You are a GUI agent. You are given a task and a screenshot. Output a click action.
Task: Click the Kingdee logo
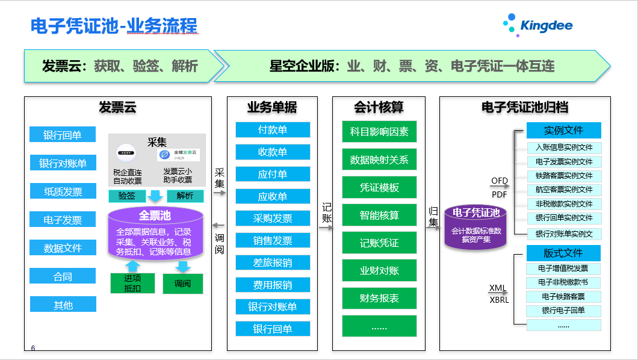537,26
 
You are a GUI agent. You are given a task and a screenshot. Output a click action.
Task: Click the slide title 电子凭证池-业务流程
114,26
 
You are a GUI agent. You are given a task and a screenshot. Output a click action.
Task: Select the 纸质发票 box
63,191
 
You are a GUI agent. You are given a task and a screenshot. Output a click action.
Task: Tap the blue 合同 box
63,276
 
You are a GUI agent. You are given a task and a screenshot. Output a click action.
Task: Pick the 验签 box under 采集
126,196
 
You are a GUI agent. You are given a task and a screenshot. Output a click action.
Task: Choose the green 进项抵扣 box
132,283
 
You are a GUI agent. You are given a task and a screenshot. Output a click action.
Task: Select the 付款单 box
273,130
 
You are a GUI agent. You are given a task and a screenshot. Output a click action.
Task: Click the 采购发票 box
273,219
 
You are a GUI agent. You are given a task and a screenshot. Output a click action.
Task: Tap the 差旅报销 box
273,262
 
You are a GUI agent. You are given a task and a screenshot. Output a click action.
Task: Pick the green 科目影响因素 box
379,132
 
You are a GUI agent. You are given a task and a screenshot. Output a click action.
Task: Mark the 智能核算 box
379,215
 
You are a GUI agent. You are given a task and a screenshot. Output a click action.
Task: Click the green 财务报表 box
379,298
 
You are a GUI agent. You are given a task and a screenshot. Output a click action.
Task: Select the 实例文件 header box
563,130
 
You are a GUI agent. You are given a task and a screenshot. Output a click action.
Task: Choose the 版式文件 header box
563,252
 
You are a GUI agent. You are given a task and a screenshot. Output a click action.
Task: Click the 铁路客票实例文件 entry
563,176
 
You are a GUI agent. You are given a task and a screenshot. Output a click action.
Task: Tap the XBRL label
499,299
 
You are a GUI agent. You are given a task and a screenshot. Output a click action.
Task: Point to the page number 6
33,348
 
